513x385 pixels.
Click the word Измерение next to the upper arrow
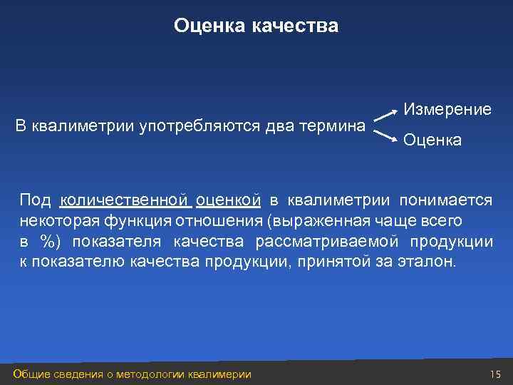coord(447,110)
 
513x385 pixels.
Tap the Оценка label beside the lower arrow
coord(432,140)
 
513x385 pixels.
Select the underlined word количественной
coord(123,201)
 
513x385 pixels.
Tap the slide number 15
coord(496,374)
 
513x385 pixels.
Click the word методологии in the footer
coord(150,374)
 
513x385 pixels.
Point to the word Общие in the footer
coord(31,374)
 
